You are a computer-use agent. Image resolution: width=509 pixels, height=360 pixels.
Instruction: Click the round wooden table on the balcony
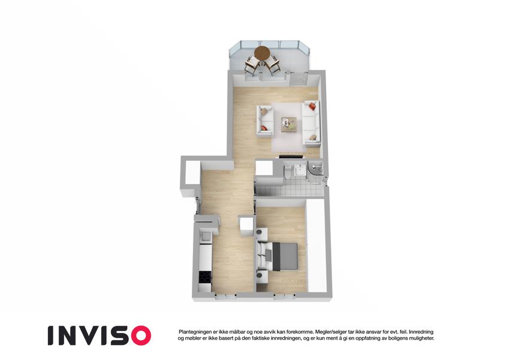point(262,53)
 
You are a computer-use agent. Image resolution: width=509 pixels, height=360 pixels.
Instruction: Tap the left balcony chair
point(252,65)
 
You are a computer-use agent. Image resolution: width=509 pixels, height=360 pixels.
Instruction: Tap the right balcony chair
point(272,65)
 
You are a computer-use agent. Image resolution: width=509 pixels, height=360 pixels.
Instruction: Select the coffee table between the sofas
point(288,124)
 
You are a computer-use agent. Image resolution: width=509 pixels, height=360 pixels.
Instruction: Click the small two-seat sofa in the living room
point(265,120)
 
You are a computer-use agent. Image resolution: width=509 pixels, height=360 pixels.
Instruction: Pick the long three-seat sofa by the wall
point(311,123)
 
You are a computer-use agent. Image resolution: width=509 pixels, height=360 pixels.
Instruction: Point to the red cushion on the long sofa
point(312,106)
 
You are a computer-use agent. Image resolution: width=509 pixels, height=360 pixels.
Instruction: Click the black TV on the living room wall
point(291,157)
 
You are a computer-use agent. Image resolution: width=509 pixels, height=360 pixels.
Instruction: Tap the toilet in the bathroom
point(288,172)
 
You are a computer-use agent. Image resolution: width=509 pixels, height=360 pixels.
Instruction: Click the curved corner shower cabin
point(315,173)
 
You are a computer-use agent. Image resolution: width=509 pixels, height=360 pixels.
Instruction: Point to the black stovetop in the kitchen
point(205,277)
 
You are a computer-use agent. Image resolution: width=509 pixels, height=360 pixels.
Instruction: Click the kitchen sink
point(205,236)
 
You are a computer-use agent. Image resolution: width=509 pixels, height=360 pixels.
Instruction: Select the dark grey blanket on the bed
point(285,257)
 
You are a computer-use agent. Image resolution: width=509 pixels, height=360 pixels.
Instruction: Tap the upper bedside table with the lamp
point(261,234)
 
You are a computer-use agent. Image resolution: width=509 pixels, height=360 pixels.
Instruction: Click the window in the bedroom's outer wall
point(284,296)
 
